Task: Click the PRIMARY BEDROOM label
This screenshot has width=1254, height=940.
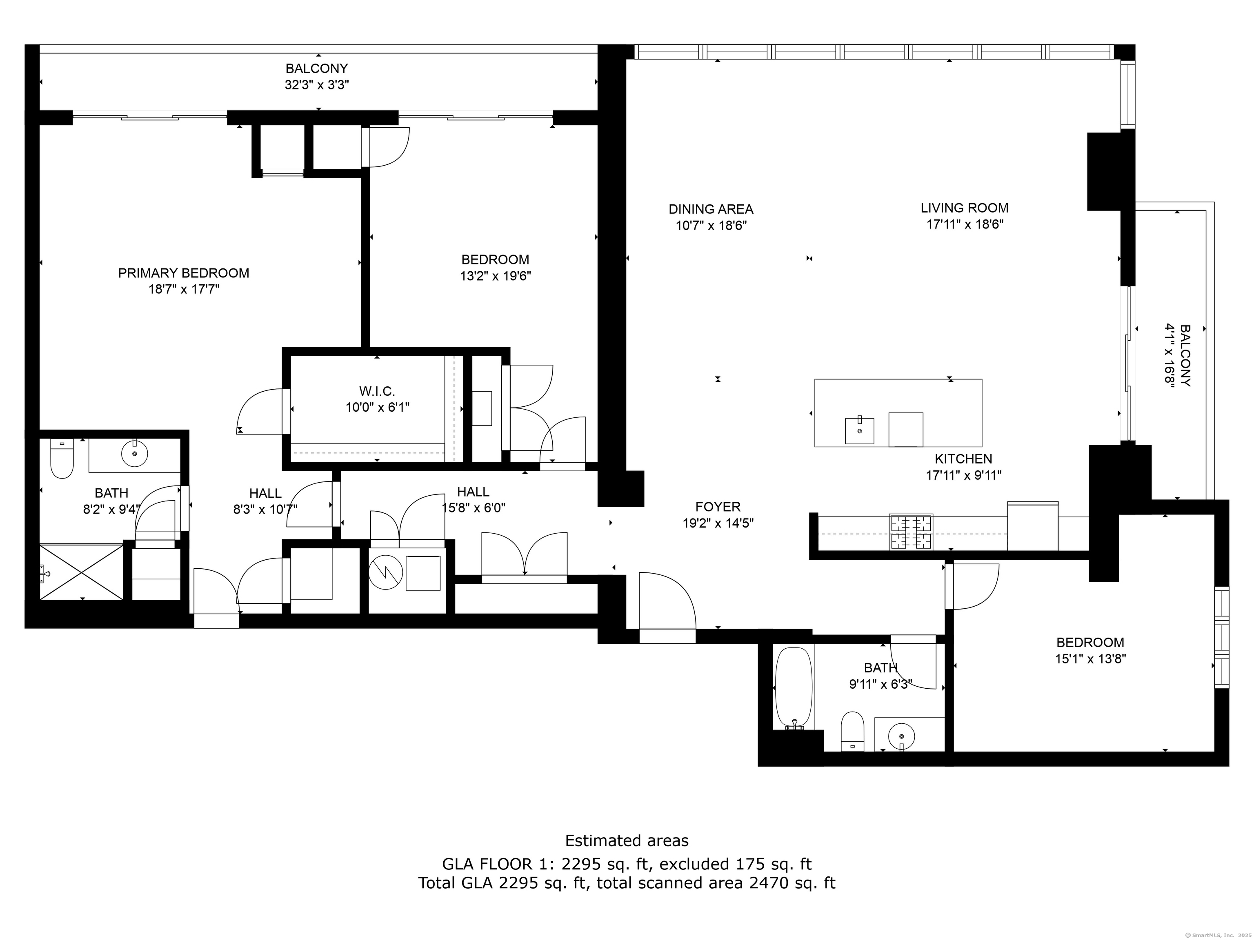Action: tap(184, 273)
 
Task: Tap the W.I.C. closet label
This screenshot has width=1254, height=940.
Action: tap(377, 391)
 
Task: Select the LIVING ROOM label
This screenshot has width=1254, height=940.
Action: tap(964, 208)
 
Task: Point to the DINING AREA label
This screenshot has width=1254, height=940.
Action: tap(711, 209)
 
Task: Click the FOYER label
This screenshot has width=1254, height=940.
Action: tap(718, 507)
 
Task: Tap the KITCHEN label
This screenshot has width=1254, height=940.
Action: tap(963, 459)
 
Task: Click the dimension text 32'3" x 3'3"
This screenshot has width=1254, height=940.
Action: tap(316, 85)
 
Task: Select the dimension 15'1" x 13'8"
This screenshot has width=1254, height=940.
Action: tap(1090, 659)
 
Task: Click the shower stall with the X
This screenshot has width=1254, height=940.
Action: tap(81, 572)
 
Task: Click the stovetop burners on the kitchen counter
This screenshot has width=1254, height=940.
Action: tap(911, 532)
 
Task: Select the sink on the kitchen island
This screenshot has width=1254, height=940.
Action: tap(859, 430)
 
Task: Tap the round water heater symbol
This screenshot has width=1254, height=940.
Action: tap(385, 573)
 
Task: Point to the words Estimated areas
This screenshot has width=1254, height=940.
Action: tap(627, 840)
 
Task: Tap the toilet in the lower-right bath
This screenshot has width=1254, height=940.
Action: tap(852, 732)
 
